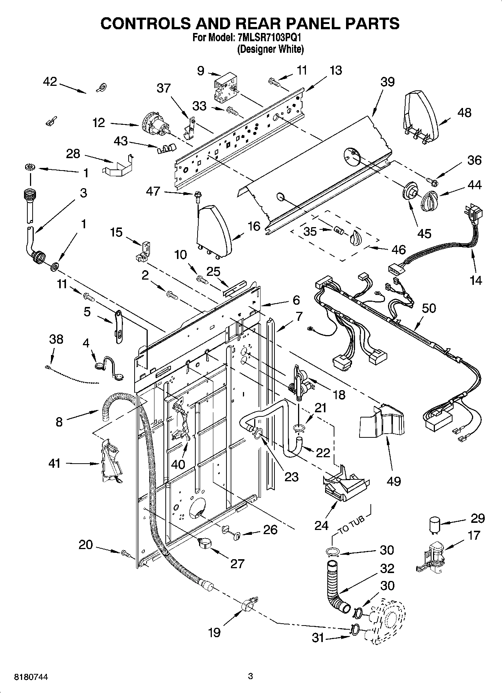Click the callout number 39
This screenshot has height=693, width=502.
click(387, 82)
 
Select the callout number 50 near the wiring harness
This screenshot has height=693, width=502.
click(429, 308)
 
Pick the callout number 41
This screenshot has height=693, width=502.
click(55, 464)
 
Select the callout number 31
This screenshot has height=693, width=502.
click(318, 638)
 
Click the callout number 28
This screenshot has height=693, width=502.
click(73, 153)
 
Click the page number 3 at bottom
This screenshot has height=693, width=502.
click(251, 677)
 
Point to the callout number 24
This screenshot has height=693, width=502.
click(322, 525)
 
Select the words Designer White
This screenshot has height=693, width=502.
click(270, 49)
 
